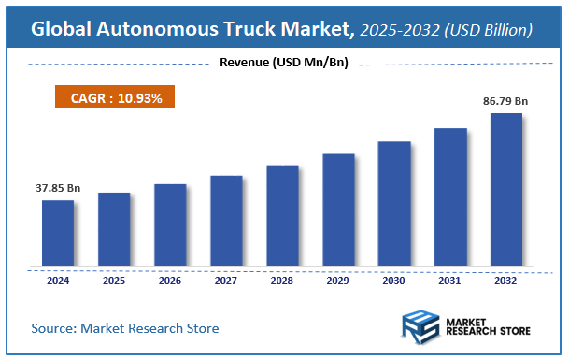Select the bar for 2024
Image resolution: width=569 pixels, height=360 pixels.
pyautogui.click(x=58, y=234)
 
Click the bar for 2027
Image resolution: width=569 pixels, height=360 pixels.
pyautogui.click(x=226, y=222)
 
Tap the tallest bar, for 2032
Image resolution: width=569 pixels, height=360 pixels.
pyautogui.click(x=506, y=191)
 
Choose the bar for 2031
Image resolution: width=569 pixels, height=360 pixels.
pyautogui.click(x=450, y=198)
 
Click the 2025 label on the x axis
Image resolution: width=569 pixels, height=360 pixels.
pyautogui.click(x=114, y=280)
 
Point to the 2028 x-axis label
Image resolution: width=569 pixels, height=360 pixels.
pyautogui.click(x=282, y=280)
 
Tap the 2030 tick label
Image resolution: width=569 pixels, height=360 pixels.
pyautogui.click(x=394, y=280)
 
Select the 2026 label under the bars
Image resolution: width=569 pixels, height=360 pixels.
pyautogui.click(x=170, y=280)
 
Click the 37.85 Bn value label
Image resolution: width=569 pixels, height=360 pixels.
pyautogui.click(x=58, y=188)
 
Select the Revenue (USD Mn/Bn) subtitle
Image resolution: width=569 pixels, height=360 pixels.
pyautogui.click(x=283, y=64)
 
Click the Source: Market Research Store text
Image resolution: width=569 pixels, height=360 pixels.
pyautogui.click(x=125, y=328)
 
